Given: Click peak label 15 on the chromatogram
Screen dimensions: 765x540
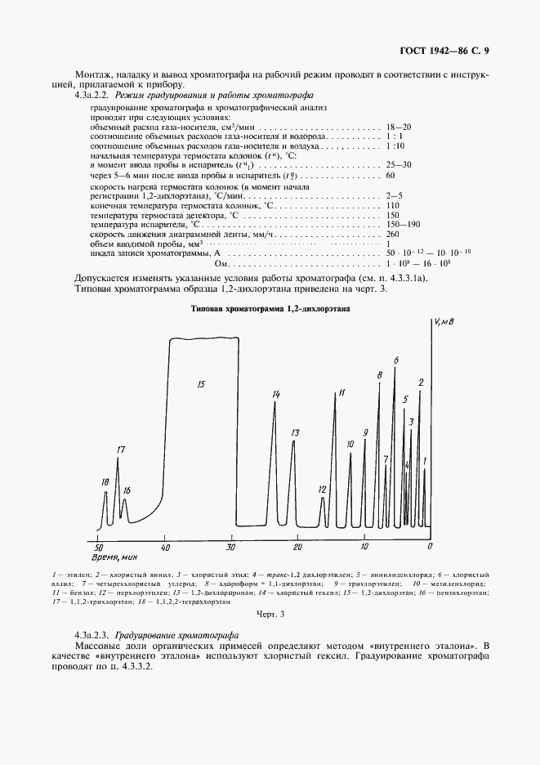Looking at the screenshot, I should [201, 383].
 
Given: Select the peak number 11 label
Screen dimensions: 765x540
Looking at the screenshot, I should [341, 393].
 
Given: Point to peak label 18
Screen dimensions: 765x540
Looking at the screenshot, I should [104, 482].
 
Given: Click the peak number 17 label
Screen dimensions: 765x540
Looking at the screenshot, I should [120, 450].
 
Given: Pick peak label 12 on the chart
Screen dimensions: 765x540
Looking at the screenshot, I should [322, 490].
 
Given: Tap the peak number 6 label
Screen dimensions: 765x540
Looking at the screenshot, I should [395, 360].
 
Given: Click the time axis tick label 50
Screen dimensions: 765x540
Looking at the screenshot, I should [98, 546].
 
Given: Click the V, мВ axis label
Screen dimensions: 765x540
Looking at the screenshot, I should [443, 323].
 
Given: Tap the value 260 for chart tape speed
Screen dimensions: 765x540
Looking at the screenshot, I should [392, 235].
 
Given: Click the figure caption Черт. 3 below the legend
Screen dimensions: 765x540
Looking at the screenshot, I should [269, 613].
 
